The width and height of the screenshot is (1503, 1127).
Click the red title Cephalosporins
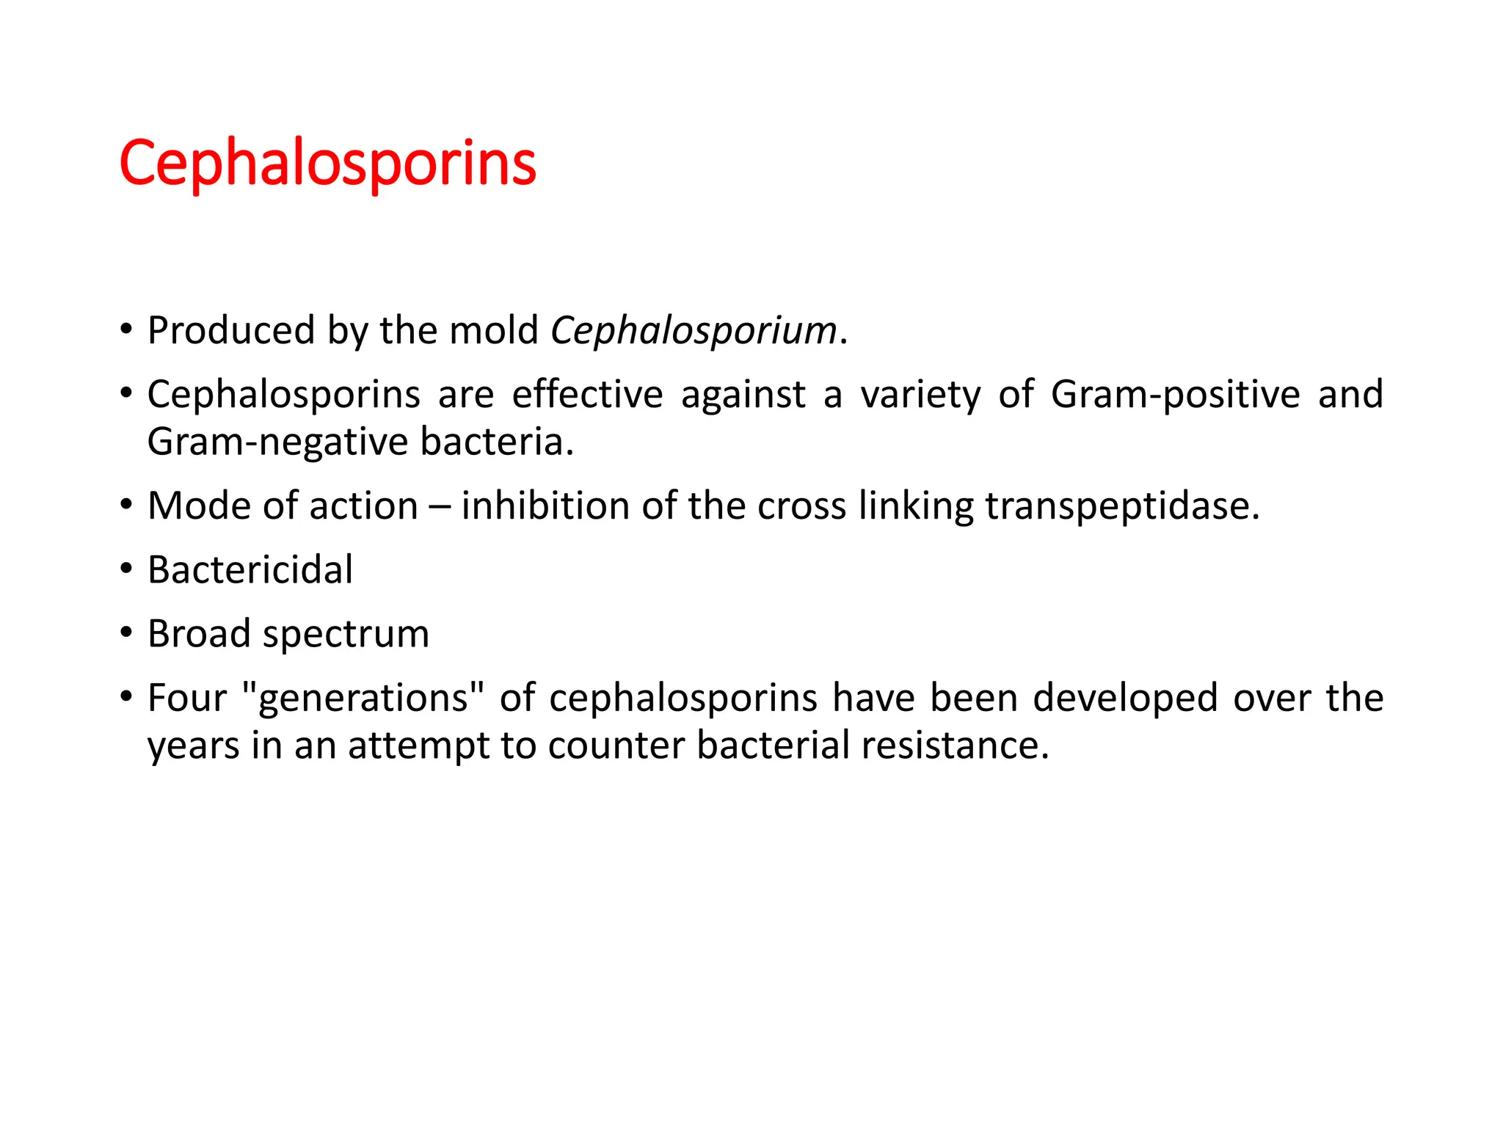coord(327,164)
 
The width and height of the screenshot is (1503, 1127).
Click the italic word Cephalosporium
coord(694,331)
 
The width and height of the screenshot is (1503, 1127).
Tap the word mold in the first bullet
coord(494,331)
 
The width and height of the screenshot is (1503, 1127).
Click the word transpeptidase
coord(1122,506)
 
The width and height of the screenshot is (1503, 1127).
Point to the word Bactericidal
coord(250,570)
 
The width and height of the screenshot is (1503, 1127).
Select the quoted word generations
coord(363,699)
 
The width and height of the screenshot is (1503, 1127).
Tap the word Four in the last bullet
coord(186,699)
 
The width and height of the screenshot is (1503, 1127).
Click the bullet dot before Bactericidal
coord(127,569)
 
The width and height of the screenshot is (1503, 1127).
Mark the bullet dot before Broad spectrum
coord(127,632)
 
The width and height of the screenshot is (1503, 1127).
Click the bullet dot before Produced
coord(127,329)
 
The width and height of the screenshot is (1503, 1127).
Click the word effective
coord(587,395)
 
